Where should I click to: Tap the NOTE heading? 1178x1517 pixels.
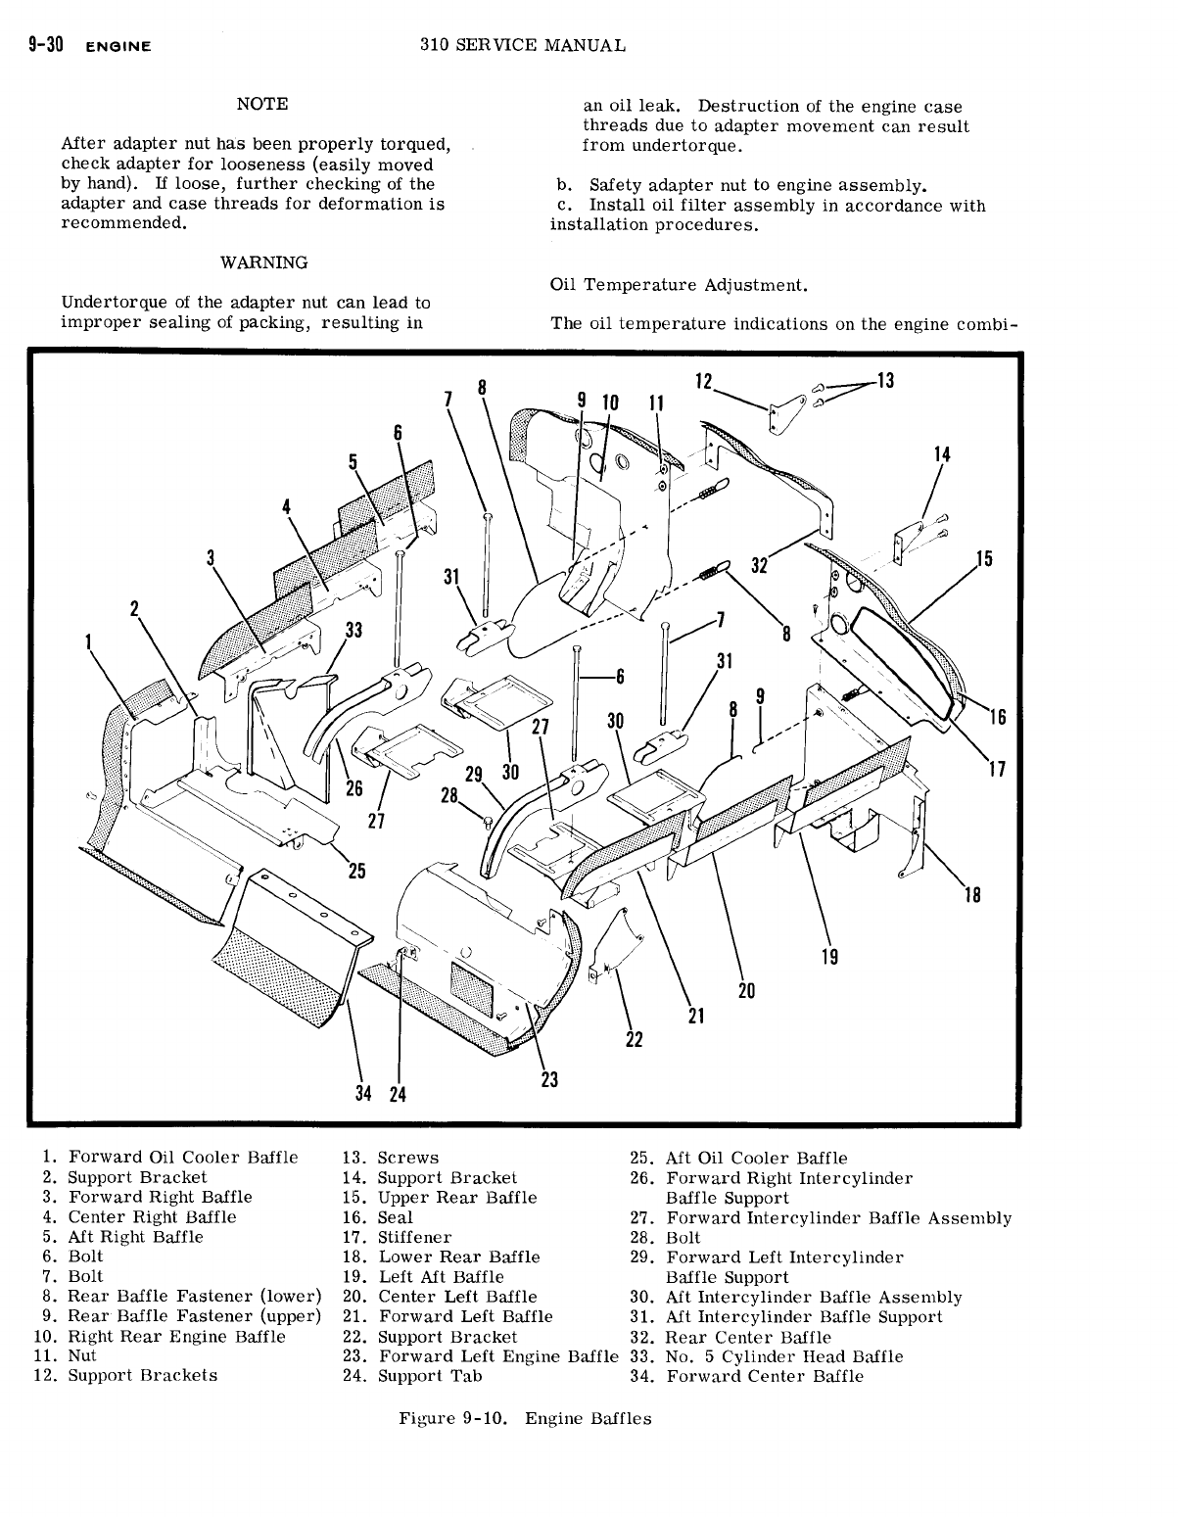pyautogui.click(x=262, y=104)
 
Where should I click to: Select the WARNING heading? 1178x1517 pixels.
pyautogui.click(x=263, y=262)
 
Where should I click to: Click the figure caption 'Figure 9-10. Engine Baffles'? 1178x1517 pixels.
pyautogui.click(x=525, y=1418)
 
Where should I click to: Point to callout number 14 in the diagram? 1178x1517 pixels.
pyautogui.click(x=942, y=454)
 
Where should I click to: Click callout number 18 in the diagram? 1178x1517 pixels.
pyautogui.click(x=972, y=894)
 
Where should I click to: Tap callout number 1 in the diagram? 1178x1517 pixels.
pyautogui.click(x=88, y=642)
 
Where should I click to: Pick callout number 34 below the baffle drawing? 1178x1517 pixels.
pyautogui.click(x=363, y=1093)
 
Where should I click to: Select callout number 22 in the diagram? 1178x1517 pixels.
pyautogui.click(x=634, y=1039)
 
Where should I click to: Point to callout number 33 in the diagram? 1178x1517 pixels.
pyautogui.click(x=353, y=631)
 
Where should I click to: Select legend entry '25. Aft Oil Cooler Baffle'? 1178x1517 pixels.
pyautogui.click(x=738, y=1159)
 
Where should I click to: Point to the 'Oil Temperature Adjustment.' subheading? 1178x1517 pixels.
pyautogui.click(x=680, y=285)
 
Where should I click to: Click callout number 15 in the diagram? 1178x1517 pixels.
pyautogui.click(x=984, y=559)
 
